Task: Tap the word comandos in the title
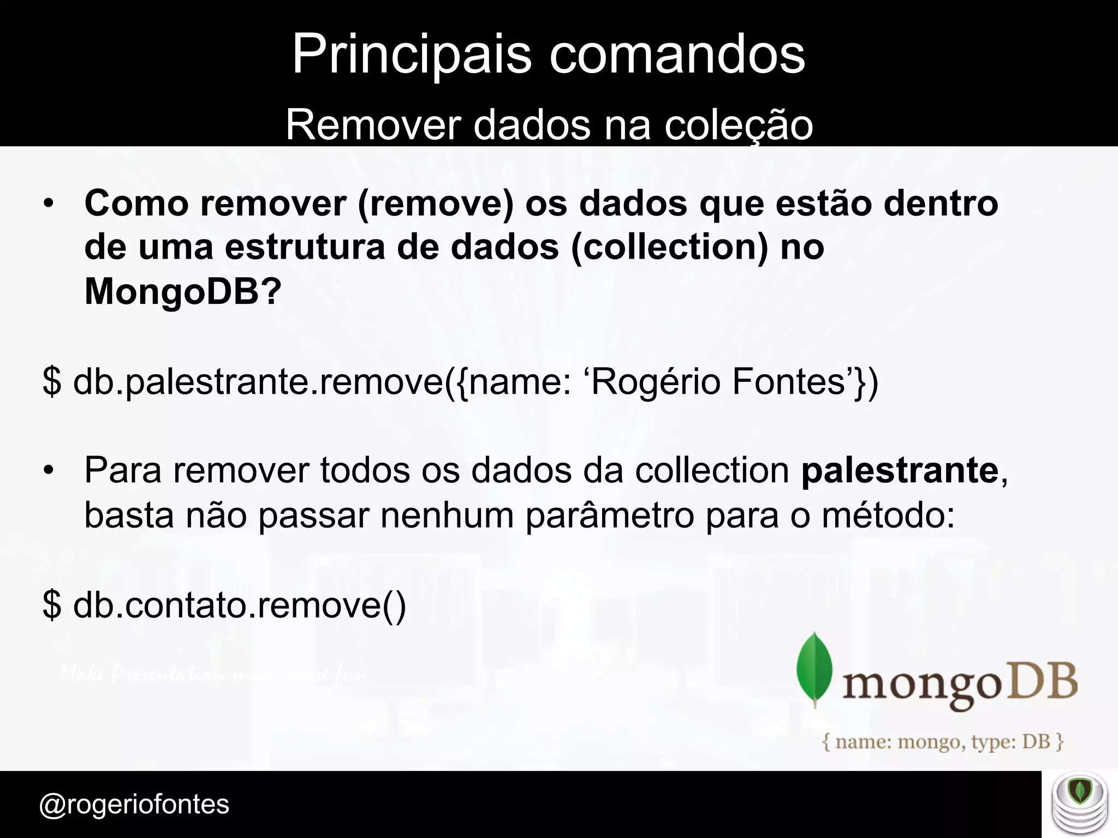point(677,55)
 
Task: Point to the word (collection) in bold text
point(670,247)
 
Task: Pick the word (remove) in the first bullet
point(436,203)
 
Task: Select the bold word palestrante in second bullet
point(900,470)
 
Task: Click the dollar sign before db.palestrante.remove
point(52,381)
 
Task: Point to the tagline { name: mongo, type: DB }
point(943,742)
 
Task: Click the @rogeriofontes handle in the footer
point(134,804)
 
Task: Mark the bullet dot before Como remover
point(49,204)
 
